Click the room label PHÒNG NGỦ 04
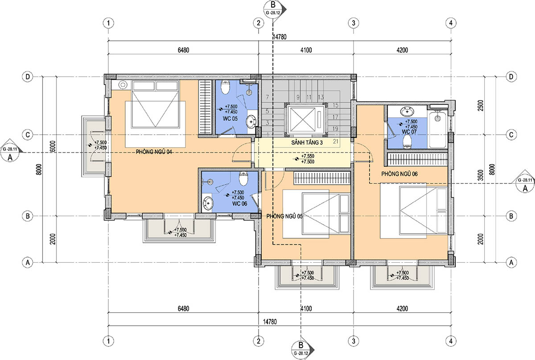tap(154, 152)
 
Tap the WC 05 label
tap(230, 119)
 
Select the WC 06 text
tap(239, 204)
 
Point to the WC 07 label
tap(409, 132)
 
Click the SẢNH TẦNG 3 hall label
tap(307, 143)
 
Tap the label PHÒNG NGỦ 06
tap(399, 174)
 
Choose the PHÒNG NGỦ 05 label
tap(284, 216)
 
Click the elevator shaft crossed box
tap(302, 120)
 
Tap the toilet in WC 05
tap(225, 87)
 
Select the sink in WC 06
tap(208, 203)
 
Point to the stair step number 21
tap(336, 141)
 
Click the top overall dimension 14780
tap(280, 37)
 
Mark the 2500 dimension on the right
tap(481, 105)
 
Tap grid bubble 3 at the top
tap(354, 23)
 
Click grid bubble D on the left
tap(28, 77)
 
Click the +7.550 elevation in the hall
tap(307, 156)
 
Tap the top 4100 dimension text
tap(306, 50)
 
